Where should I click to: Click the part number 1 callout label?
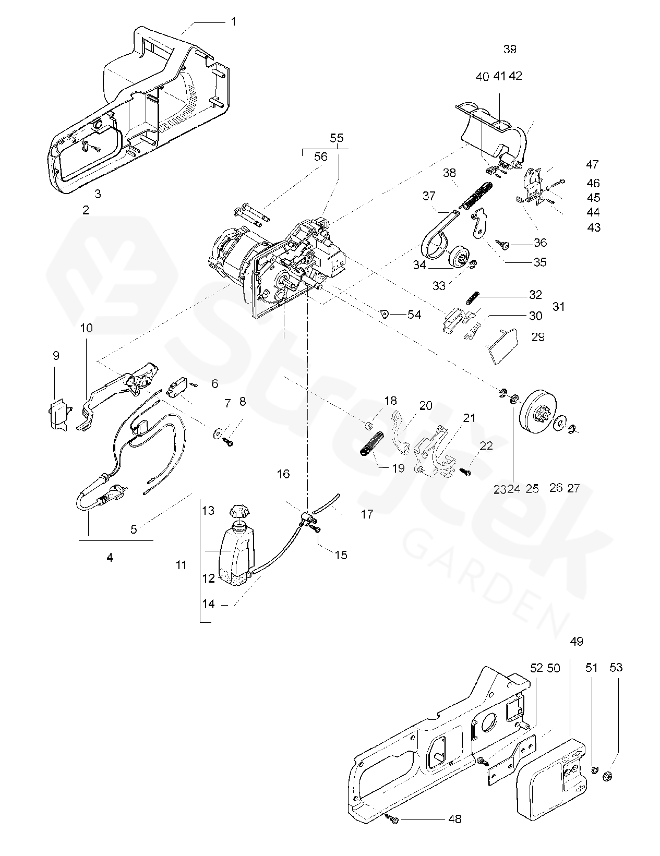(233, 21)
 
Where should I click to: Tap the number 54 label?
(414, 315)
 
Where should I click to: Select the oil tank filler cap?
(239, 511)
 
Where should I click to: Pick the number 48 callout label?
(455, 819)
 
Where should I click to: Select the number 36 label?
(540, 242)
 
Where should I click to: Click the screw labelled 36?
(506, 243)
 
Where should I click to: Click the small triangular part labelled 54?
(386, 314)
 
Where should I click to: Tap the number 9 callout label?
(56, 355)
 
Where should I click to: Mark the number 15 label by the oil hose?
(341, 555)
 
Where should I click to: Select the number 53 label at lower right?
(616, 667)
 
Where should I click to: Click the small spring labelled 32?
(472, 297)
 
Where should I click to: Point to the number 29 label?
(538, 336)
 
